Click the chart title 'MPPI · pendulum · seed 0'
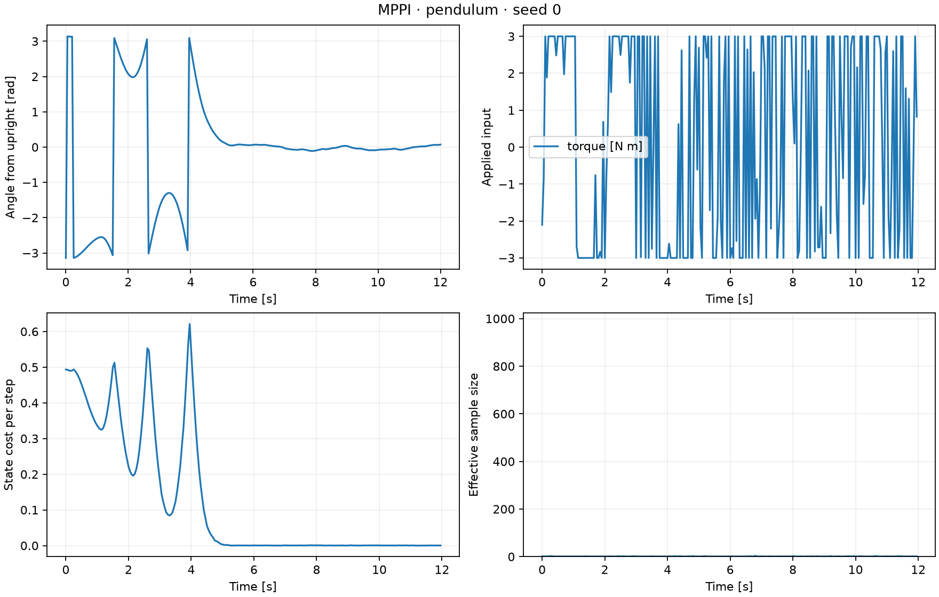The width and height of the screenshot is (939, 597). (x=470, y=10)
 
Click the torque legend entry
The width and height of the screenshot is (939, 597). (x=588, y=147)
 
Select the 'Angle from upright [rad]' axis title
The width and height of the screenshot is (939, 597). (x=11, y=147)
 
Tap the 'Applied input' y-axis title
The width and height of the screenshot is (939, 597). (x=487, y=147)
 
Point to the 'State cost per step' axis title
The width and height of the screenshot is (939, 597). (x=9, y=435)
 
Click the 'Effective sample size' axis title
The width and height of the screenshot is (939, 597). (x=474, y=435)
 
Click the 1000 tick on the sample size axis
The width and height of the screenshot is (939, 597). (x=500, y=319)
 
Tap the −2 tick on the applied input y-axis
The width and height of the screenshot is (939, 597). (x=507, y=221)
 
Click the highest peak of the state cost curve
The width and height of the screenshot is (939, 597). (x=189, y=324)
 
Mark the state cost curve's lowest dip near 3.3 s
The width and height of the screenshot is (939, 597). (x=170, y=515)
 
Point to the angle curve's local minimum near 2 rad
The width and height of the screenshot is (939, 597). (x=133, y=77)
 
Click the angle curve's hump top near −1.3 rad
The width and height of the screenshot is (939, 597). (x=169, y=193)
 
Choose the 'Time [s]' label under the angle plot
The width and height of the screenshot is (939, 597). (x=253, y=299)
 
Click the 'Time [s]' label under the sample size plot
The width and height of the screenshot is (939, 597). (x=729, y=586)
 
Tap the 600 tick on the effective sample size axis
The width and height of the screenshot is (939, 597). (x=504, y=414)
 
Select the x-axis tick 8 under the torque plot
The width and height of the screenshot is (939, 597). (x=793, y=282)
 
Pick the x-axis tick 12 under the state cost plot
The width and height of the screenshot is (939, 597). (x=442, y=570)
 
